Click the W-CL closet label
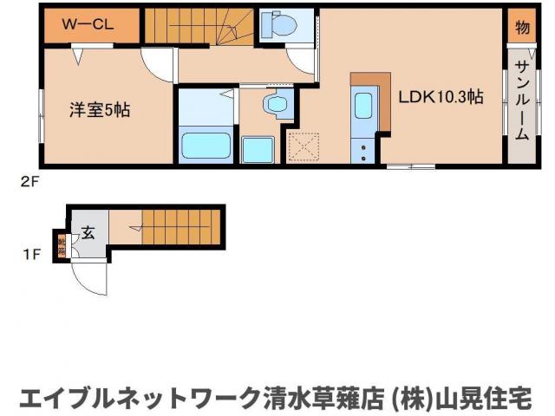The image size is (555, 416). [88, 25]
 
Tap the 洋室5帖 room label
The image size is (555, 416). [101, 110]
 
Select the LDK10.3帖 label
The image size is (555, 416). [440, 98]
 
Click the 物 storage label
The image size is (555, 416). [521, 26]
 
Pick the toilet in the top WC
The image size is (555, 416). [278, 25]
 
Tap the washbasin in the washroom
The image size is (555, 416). [277, 105]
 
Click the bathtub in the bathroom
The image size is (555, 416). [206, 145]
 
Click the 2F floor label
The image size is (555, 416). [31, 182]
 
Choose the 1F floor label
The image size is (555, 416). [31, 254]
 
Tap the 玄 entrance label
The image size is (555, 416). [88, 231]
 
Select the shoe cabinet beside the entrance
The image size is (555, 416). [62, 244]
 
